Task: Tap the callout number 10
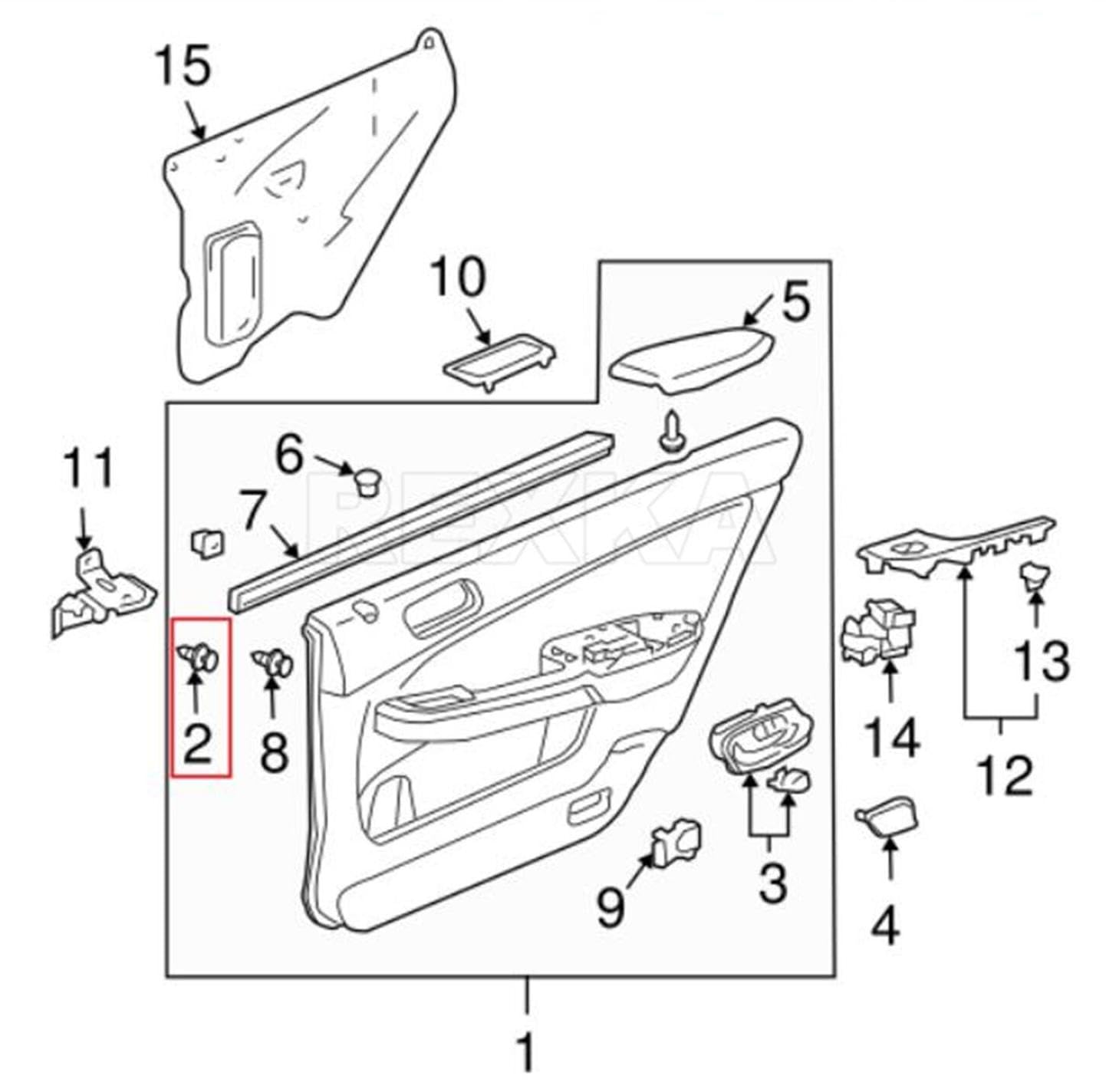(x=457, y=277)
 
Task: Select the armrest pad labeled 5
(x=691, y=360)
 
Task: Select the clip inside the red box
(x=201, y=657)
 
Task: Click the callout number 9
(x=611, y=907)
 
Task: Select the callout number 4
(x=887, y=926)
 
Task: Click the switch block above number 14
(x=877, y=630)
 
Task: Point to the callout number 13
(x=1042, y=660)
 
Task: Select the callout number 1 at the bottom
(x=526, y=1051)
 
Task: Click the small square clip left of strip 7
(x=207, y=543)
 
